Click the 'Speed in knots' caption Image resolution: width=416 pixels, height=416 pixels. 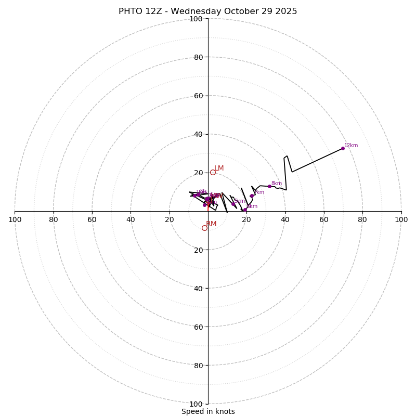208,411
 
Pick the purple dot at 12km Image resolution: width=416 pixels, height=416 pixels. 343,148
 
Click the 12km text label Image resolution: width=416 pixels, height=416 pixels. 351,146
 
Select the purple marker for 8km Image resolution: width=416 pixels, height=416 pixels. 269,186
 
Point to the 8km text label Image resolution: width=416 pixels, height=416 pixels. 277,184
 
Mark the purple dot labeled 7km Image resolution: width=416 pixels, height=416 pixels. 252,196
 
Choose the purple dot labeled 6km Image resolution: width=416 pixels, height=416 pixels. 245,210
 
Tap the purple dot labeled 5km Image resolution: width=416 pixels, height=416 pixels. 233,204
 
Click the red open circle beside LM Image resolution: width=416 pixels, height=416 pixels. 213,172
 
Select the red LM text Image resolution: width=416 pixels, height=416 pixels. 219,168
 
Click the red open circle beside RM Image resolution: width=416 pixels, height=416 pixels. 204,228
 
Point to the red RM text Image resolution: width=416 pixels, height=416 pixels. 211,224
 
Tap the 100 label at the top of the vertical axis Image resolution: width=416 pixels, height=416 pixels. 196,19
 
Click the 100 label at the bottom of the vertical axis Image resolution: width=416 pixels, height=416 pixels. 196,404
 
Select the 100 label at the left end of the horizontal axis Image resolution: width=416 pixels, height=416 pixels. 15,219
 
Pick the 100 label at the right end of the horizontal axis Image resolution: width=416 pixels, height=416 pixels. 401,219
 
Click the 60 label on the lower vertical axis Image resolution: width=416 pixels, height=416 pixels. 198,327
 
